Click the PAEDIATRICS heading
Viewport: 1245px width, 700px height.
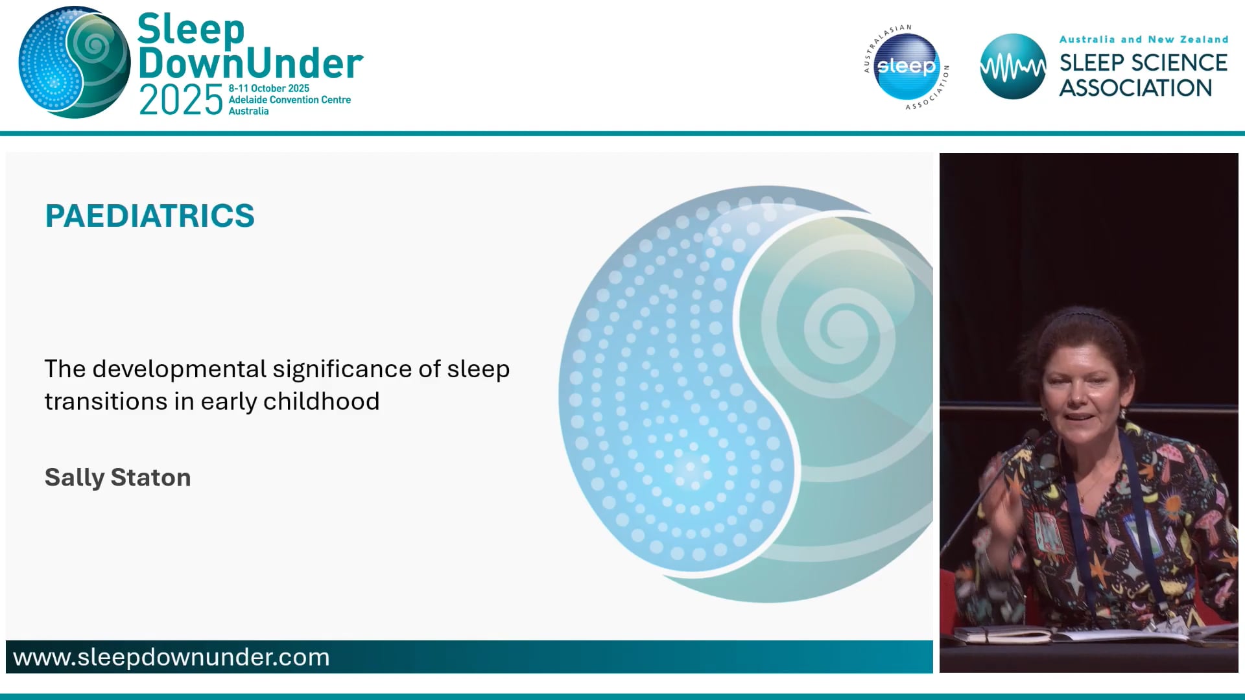(150, 216)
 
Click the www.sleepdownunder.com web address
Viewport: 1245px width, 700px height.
(171, 657)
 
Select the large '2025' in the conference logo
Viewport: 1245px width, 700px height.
(181, 101)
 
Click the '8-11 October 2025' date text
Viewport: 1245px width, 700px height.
(268, 88)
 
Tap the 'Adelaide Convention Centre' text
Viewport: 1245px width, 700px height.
(289, 100)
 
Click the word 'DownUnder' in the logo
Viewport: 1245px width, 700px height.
(250, 64)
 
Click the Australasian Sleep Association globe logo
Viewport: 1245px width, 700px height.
(906, 66)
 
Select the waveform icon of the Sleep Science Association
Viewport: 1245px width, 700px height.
(1012, 66)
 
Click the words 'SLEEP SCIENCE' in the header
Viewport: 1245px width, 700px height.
(1143, 63)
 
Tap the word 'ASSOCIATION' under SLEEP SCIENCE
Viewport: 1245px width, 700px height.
(1135, 88)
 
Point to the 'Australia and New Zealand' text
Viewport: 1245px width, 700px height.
(1143, 40)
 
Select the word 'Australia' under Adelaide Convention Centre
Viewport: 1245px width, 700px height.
(248, 111)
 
